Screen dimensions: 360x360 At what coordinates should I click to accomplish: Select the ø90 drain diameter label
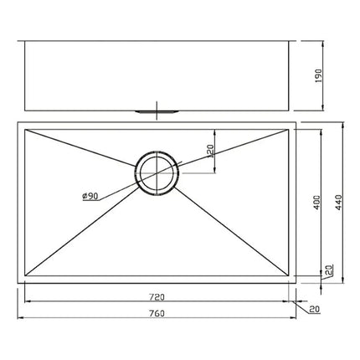[x=91, y=196]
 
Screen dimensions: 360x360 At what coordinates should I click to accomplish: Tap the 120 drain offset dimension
[x=211, y=152]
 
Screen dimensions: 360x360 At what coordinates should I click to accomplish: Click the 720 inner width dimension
[x=157, y=296]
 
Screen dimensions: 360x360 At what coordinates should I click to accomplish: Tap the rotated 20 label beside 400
[x=328, y=270]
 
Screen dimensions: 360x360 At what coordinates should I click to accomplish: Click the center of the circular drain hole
[x=156, y=173]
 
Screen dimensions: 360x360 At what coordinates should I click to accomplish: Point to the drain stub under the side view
[x=156, y=110]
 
